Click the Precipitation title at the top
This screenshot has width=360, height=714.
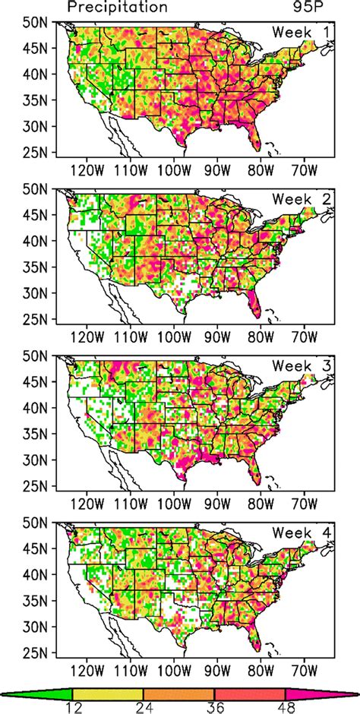point(117,8)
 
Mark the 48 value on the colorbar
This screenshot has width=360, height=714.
point(286,707)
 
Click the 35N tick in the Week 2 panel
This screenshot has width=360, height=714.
point(36,266)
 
